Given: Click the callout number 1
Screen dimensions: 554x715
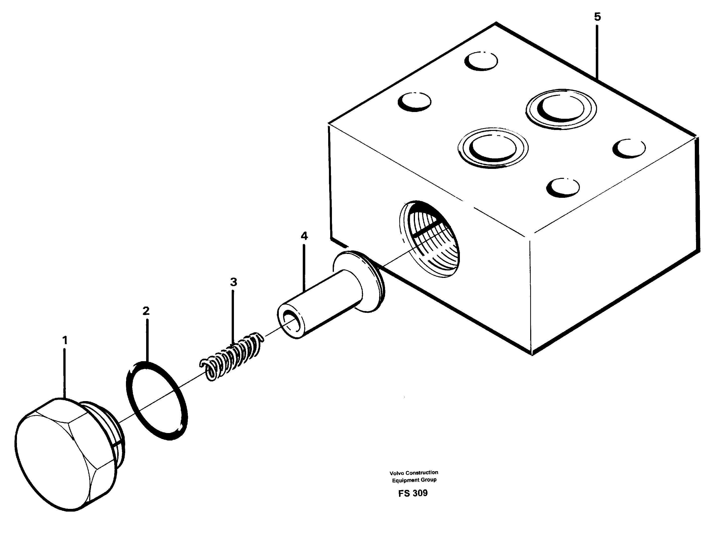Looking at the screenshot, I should click(x=65, y=340).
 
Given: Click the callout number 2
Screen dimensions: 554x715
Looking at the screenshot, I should click(x=146, y=311).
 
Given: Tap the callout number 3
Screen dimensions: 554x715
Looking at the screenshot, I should click(x=233, y=282).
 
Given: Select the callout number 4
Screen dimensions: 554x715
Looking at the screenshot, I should click(x=304, y=236).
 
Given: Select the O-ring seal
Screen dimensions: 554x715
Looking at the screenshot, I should click(x=156, y=401).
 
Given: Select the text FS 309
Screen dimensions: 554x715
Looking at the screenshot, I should click(x=413, y=493).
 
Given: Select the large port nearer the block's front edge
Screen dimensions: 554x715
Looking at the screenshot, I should click(x=493, y=148).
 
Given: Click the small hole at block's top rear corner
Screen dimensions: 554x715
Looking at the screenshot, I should click(x=481, y=61).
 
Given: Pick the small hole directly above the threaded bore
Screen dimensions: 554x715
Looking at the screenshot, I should click(x=563, y=188).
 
